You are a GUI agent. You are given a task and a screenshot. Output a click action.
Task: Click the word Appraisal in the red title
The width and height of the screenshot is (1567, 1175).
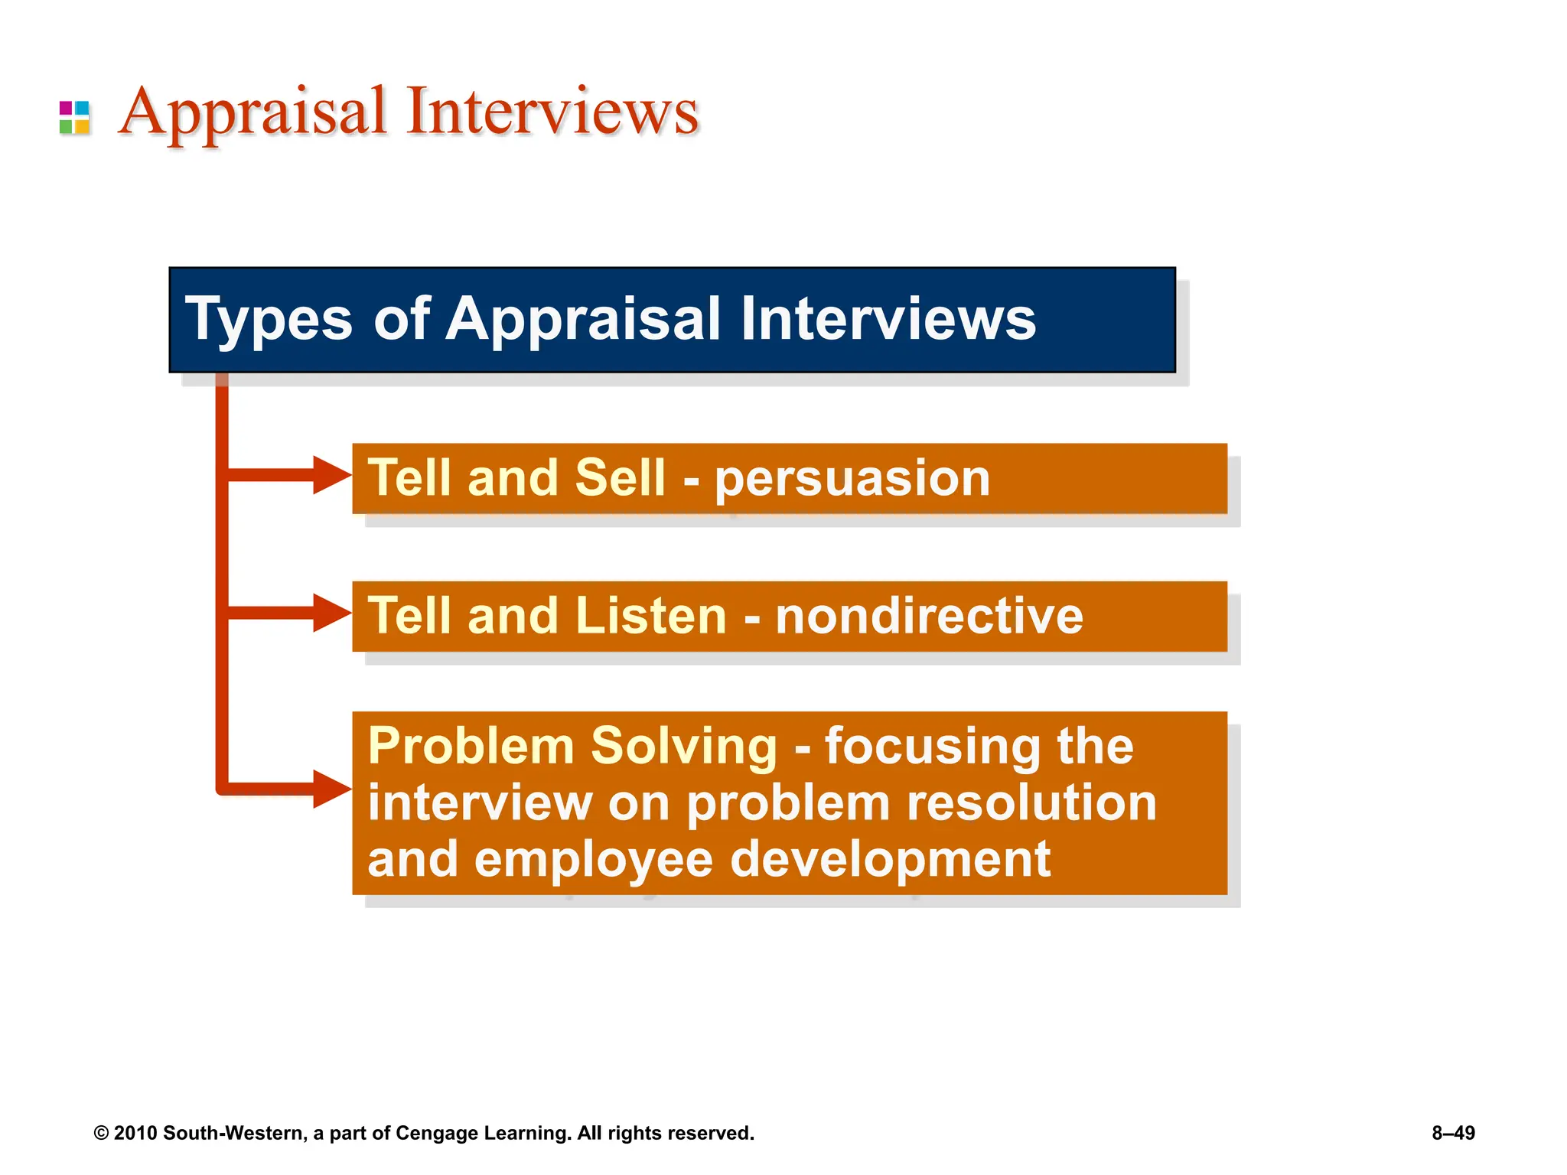[252, 113]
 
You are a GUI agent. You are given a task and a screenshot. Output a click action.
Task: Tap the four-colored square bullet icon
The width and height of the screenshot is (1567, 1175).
[74, 118]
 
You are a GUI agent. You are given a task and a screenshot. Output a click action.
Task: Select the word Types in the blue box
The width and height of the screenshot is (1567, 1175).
[269, 319]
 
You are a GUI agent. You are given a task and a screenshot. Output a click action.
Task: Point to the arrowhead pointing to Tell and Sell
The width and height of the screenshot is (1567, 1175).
[331, 475]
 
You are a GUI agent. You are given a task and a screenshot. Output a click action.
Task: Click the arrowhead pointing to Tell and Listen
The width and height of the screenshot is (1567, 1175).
[331, 613]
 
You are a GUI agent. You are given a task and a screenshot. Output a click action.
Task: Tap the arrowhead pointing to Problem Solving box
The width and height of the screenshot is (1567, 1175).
[331, 789]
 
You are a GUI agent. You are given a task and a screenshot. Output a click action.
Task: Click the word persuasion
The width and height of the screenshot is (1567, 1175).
[852, 479]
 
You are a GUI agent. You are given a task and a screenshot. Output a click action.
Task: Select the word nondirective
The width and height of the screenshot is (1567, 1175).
[929, 616]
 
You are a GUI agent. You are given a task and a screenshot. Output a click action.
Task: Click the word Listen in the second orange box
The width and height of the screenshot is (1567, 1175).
[650, 616]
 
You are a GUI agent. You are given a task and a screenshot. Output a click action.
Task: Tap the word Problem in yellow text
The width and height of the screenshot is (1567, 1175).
[471, 746]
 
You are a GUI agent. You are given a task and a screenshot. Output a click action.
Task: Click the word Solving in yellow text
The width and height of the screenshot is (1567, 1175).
[684, 746]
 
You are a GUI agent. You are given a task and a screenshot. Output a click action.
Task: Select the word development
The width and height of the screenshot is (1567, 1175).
[891, 859]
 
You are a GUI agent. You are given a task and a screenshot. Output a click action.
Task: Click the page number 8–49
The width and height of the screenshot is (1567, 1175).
[1453, 1133]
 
